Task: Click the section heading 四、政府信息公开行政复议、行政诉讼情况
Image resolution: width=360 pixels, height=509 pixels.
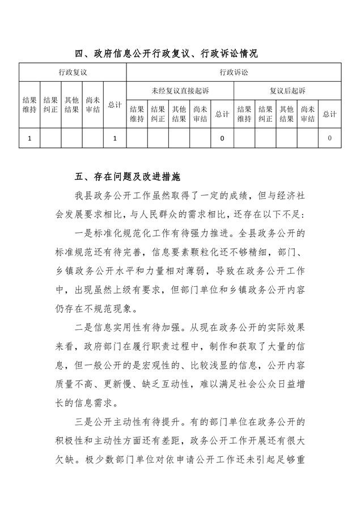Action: pos(167,54)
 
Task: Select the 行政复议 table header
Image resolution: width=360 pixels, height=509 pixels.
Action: pos(72,73)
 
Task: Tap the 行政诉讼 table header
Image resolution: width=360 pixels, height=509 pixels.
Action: pos(233,73)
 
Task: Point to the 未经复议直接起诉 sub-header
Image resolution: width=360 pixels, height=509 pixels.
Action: pos(180,91)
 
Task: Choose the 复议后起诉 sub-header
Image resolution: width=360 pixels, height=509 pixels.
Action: pos(287,91)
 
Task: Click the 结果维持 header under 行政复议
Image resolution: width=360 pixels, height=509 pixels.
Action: pos(29,105)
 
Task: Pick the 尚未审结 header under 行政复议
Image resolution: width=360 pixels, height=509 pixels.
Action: pos(93,105)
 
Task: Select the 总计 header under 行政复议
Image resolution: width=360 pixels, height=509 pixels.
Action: pos(115,105)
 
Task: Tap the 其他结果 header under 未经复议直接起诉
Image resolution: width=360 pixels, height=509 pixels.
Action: pos(179,114)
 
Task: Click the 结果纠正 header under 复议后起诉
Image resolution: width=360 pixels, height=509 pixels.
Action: pos(265,114)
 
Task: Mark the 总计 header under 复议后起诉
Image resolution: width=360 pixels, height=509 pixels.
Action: pos(329,114)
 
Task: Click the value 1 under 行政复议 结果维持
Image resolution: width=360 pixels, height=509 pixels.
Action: pos(29,138)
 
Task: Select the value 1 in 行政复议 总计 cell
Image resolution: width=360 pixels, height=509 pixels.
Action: pos(115,138)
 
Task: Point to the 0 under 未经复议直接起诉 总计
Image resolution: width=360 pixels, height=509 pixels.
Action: pos(222,138)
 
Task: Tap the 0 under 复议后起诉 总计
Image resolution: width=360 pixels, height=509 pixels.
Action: pos(329,138)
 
